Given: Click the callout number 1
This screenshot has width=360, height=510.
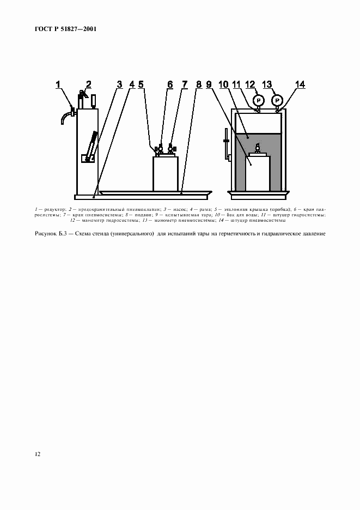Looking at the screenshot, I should point(59,84).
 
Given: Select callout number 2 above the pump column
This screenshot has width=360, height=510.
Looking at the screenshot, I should point(88,84).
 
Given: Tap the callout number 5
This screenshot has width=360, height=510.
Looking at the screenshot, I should point(141,84).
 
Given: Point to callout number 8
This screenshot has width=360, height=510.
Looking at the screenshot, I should point(199,84).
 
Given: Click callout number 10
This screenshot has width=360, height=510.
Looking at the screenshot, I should point(223,84).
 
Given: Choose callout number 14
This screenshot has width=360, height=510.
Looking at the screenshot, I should point(300,84).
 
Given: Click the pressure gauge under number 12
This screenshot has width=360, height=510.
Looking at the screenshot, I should point(258,100).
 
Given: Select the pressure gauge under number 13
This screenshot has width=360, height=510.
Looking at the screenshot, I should point(277,100).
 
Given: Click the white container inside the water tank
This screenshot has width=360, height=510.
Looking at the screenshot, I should point(258,173).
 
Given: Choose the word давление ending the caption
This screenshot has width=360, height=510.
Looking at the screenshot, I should point(313,234).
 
